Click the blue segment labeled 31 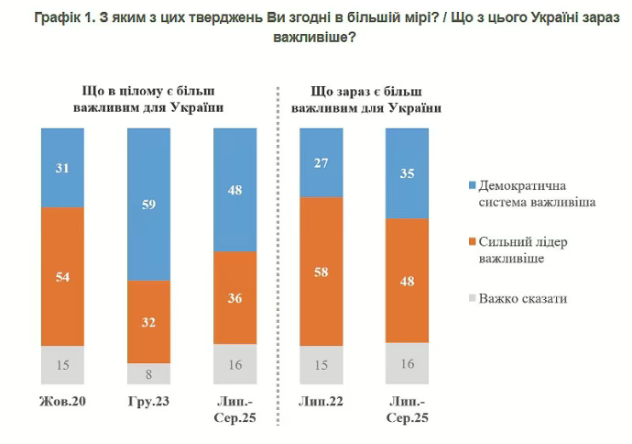click(63, 168)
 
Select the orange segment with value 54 click(63, 276)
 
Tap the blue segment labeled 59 click(149, 204)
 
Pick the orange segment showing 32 click(149, 321)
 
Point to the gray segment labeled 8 click(149, 373)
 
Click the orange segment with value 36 click(235, 297)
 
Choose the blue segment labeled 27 click(321, 162)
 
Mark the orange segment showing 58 click(321, 272)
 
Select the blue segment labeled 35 click(408, 173)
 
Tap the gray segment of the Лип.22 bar click(321, 365)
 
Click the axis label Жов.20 click(63, 403)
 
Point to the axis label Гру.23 click(149, 403)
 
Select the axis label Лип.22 click(321, 403)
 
